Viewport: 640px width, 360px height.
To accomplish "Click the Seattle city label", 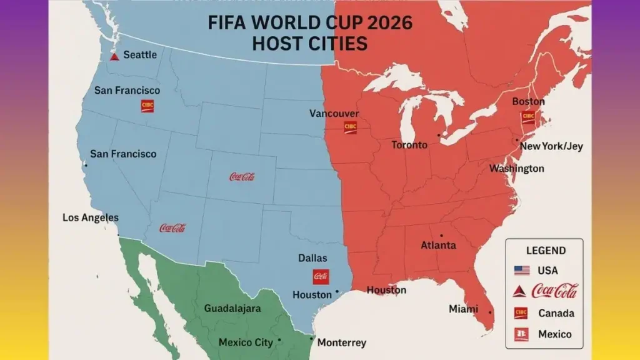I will [x=140, y=54].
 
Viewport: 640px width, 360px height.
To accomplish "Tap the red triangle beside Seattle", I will [x=114, y=56].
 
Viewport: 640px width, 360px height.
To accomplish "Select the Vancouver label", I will [x=334, y=113].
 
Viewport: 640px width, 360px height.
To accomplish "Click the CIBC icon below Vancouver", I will [x=350, y=127].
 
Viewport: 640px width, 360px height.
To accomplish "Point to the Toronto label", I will [x=409, y=145].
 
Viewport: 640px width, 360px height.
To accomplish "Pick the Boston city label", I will [x=528, y=101].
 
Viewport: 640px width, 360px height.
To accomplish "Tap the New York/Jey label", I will [x=551, y=146].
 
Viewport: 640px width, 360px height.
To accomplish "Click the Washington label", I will [x=516, y=169].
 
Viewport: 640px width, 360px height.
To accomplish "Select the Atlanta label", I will [x=438, y=245].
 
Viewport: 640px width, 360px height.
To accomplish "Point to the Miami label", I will [x=463, y=309].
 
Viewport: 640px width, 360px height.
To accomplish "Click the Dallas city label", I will [x=312, y=257].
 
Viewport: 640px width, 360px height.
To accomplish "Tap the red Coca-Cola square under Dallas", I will [x=321, y=276].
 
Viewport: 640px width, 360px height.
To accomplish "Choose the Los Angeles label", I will [x=91, y=217].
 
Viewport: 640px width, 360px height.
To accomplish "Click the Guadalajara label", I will [x=232, y=308].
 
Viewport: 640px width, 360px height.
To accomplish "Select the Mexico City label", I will [x=246, y=342].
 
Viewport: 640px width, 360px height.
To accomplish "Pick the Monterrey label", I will [x=342, y=342].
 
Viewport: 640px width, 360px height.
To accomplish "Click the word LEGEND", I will [x=546, y=251].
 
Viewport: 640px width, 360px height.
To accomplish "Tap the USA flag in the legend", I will [x=522, y=271].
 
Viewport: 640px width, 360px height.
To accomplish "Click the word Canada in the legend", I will [x=556, y=312].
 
